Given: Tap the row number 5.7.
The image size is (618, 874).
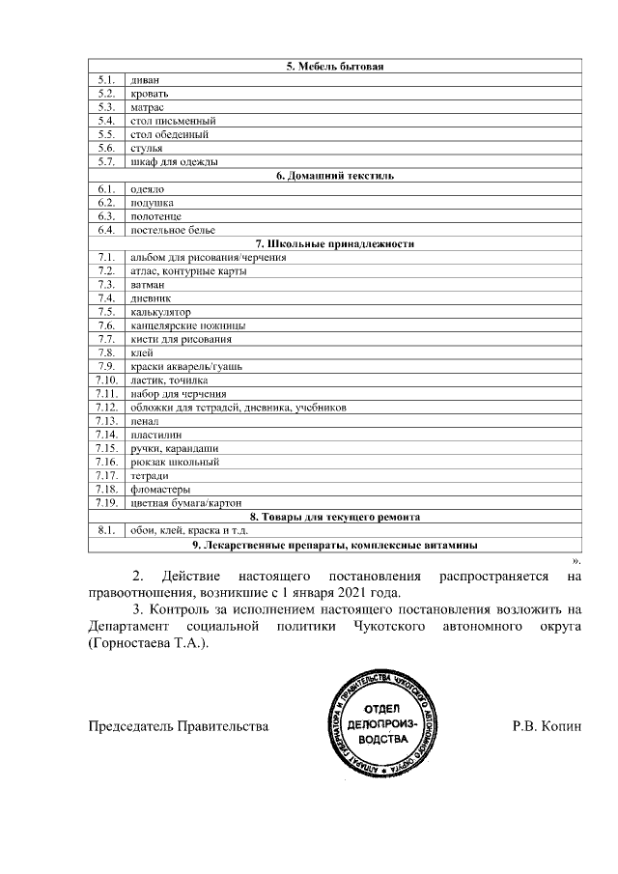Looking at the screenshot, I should click(x=106, y=161).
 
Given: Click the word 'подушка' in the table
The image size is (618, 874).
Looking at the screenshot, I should click(x=151, y=203).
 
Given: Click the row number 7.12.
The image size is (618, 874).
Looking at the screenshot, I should click(x=106, y=408).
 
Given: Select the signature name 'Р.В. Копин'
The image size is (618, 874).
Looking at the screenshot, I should click(x=547, y=724).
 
